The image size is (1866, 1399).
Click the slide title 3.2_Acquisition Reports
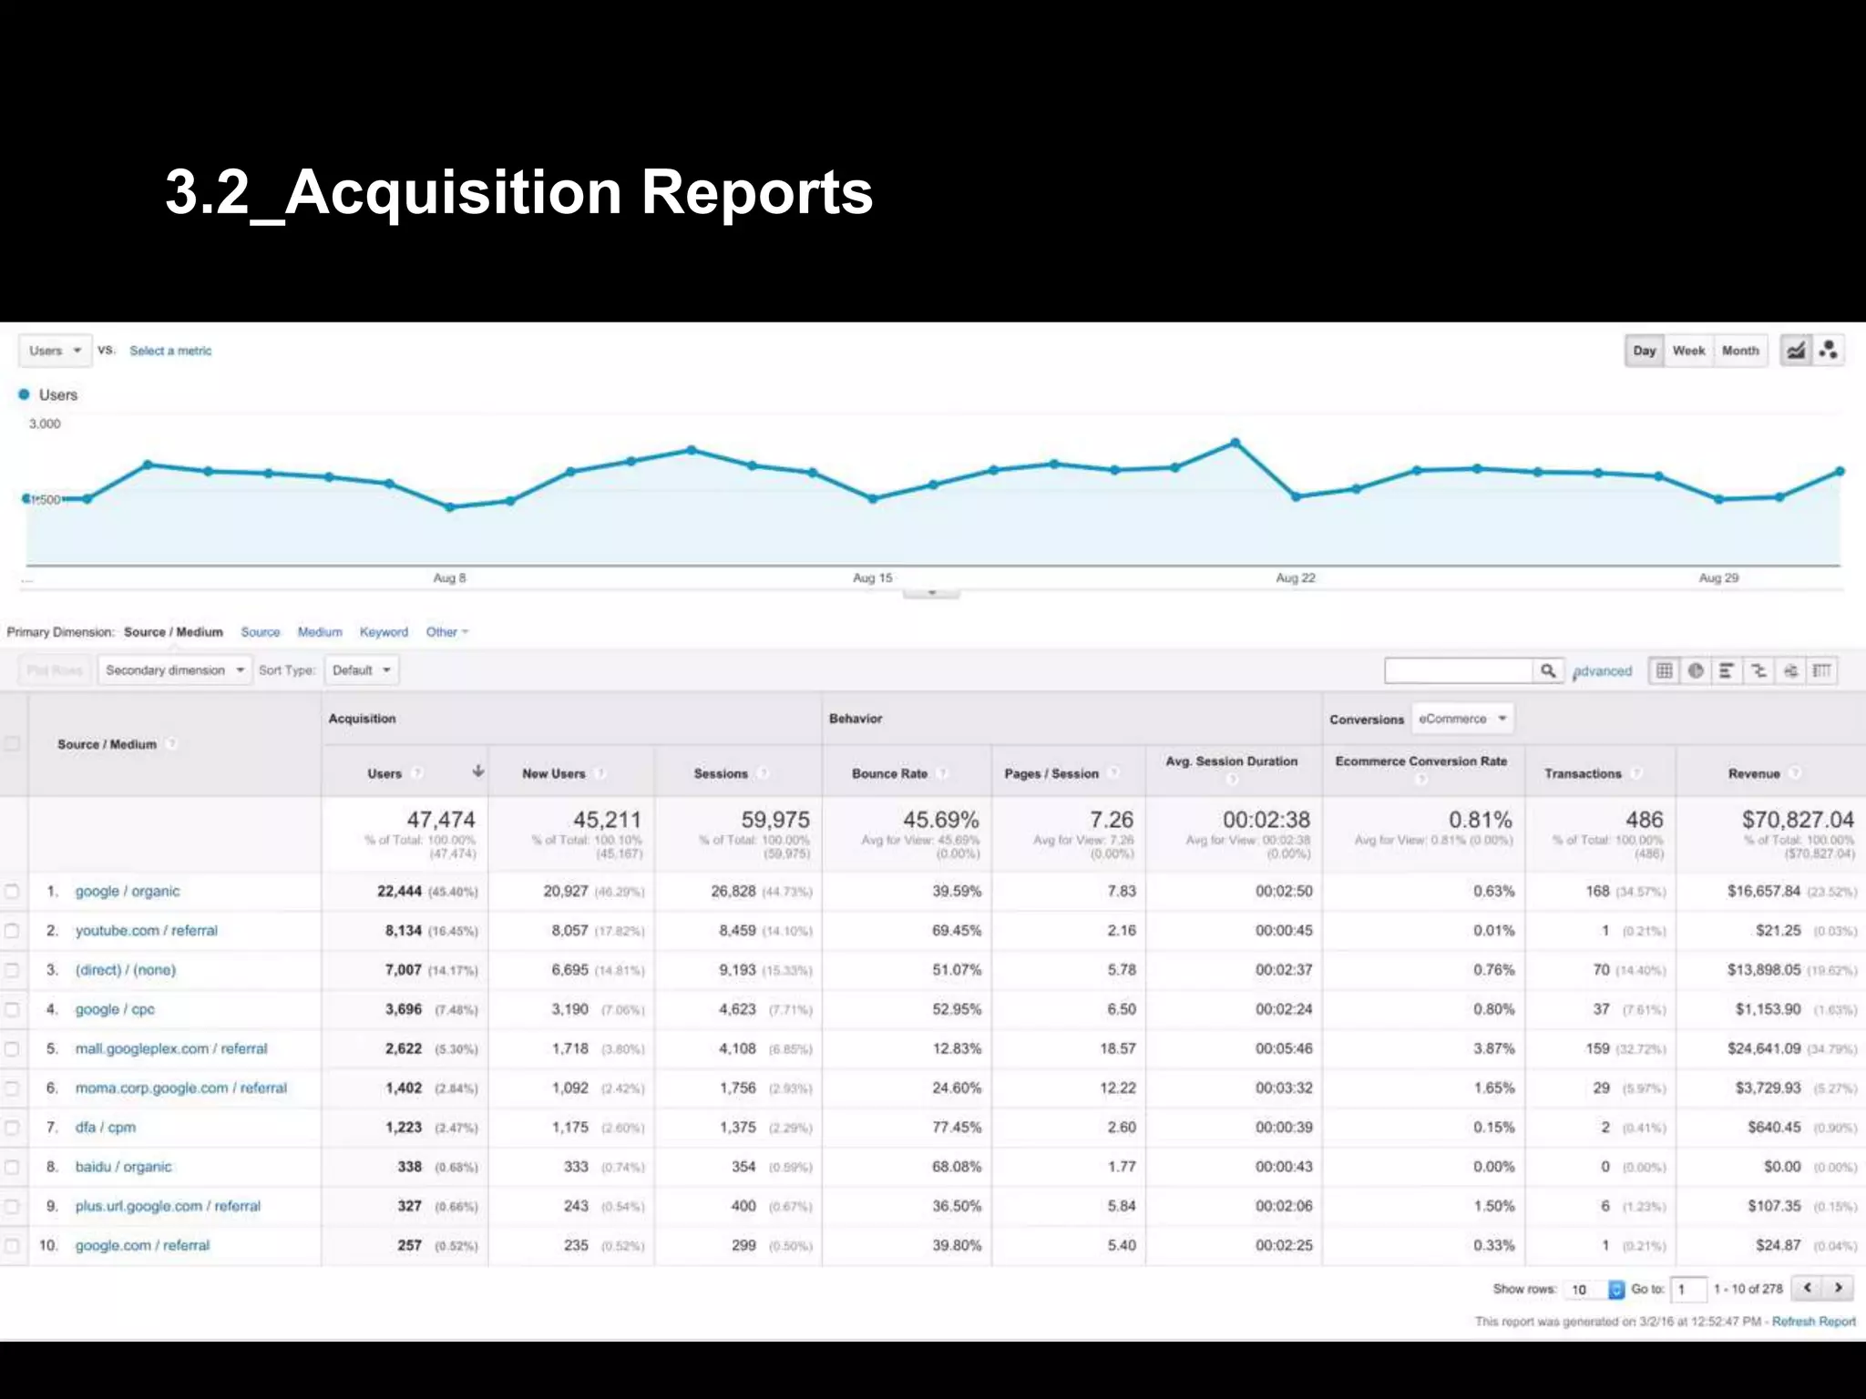518,192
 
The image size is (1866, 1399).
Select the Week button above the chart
1688,351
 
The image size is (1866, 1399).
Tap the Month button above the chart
1740,351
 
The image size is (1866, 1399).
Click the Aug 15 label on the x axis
872,577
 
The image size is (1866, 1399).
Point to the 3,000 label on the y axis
45,424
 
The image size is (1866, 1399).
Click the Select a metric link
170,351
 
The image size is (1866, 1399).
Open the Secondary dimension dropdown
174,670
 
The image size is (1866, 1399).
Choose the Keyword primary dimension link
384,632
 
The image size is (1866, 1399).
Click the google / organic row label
128,891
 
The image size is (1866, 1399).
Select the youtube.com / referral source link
147,930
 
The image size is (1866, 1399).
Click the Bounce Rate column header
889,773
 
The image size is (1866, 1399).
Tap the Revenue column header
1754,773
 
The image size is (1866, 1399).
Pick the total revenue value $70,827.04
1797,820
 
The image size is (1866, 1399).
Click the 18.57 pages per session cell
1117,1048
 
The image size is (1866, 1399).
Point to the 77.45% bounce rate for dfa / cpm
956,1127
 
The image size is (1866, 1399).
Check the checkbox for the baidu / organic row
12,1167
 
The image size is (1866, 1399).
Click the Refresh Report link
1813,1321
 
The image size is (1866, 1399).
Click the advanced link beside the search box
1603,671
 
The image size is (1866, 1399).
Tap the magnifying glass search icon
1547,671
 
